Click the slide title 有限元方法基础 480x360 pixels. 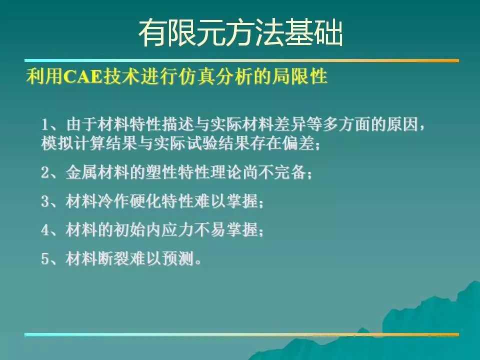tap(240, 33)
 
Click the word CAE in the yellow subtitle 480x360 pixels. tap(82, 76)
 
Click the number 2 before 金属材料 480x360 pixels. tap(45, 172)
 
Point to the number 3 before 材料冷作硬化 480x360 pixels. tap(45, 201)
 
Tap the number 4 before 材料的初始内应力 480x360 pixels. tap(45, 230)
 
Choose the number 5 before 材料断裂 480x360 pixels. tap(45, 259)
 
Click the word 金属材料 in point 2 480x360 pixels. tap(97, 172)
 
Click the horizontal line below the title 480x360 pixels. tap(241, 60)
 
